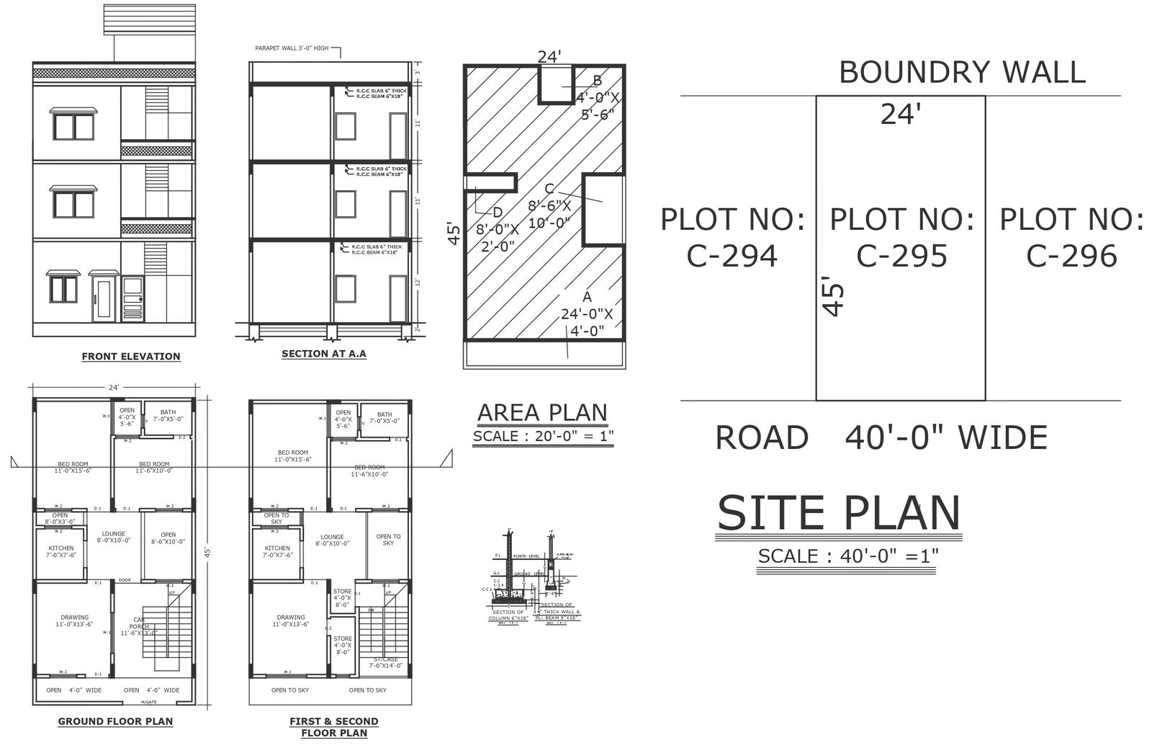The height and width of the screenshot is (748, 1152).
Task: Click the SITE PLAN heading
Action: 839,513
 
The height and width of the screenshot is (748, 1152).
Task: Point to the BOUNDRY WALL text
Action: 962,73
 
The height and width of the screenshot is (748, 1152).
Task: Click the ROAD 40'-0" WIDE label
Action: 881,437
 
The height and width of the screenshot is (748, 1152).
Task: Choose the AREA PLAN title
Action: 542,412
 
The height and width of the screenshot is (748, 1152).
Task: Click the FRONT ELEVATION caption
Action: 131,356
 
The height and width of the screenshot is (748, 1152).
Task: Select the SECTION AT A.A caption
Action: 323,354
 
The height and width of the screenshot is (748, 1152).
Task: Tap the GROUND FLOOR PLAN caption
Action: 115,721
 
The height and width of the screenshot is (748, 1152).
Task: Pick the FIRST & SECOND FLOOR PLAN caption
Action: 333,726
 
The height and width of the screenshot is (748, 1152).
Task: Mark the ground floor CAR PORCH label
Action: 139,623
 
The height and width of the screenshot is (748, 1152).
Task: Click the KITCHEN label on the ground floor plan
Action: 61,551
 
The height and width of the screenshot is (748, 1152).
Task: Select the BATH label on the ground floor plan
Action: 168,414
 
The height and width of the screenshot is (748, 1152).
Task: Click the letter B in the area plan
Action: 597,80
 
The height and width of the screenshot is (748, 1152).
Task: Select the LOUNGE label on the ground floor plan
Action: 114,537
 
